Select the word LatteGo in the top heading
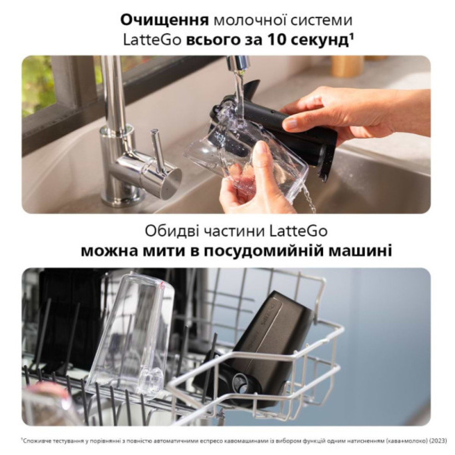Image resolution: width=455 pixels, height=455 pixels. pyautogui.click(x=152, y=40)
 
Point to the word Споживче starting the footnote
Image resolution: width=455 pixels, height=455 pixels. pyautogui.click(x=39, y=440)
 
